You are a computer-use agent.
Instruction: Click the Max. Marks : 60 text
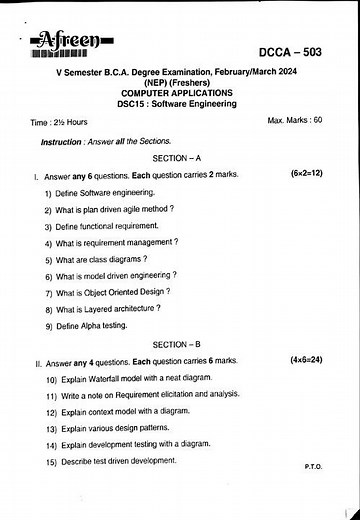tap(295, 120)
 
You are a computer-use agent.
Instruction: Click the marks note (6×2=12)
tap(306, 174)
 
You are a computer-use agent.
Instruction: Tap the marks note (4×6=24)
tap(306, 359)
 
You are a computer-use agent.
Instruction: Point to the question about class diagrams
tap(97, 259)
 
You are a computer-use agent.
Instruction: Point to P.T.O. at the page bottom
tap(311, 467)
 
